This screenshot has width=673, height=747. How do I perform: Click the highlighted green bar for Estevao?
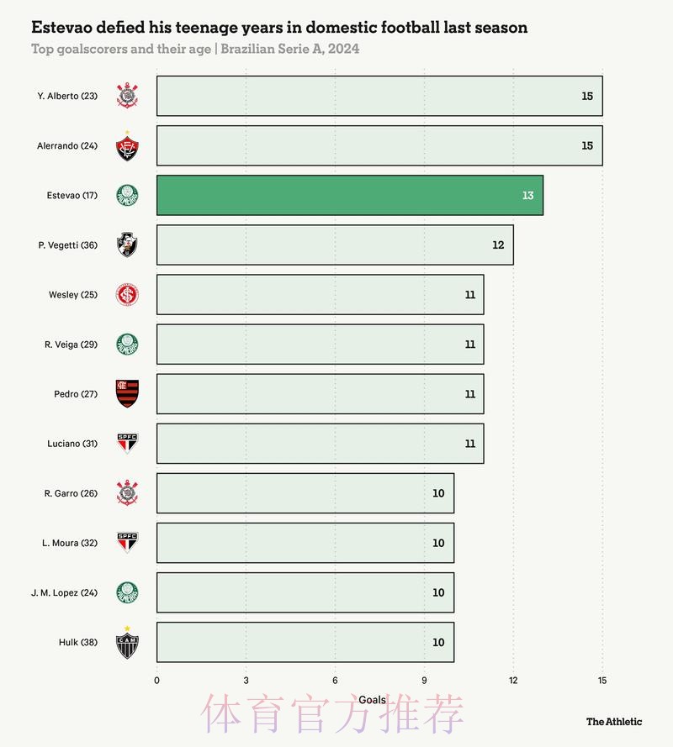click(x=349, y=195)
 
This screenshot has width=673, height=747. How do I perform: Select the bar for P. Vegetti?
click(x=335, y=245)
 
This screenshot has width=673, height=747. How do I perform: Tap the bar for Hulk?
click(x=305, y=643)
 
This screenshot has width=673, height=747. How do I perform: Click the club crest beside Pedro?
click(x=127, y=394)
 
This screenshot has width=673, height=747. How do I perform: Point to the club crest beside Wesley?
click(x=127, y=294)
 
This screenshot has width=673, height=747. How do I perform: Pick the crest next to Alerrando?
click(x=127, y=147)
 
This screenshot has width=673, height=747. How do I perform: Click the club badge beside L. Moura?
click(x=127, y=542)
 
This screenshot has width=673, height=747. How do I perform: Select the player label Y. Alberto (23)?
click(x=67, y=96)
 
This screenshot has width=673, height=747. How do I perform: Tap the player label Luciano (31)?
click(x=72, y=444)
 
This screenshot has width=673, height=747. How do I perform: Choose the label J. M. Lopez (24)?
click(x=64, y=592)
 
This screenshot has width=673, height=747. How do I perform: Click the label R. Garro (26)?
click(x=71, y=493)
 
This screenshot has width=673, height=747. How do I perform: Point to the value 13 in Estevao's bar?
click(x=527, y=195)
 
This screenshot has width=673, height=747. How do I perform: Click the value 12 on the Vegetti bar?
click(x=498, y=245)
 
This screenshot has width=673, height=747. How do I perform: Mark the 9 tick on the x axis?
click(x=424, y=680)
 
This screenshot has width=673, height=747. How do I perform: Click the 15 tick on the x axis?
click(x=601, y=680)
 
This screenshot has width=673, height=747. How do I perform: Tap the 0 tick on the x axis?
click(x=156, y=680)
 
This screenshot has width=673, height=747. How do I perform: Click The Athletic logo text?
click(x=613, y=721)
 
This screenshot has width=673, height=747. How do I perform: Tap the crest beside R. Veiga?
click(x=127, y=345)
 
